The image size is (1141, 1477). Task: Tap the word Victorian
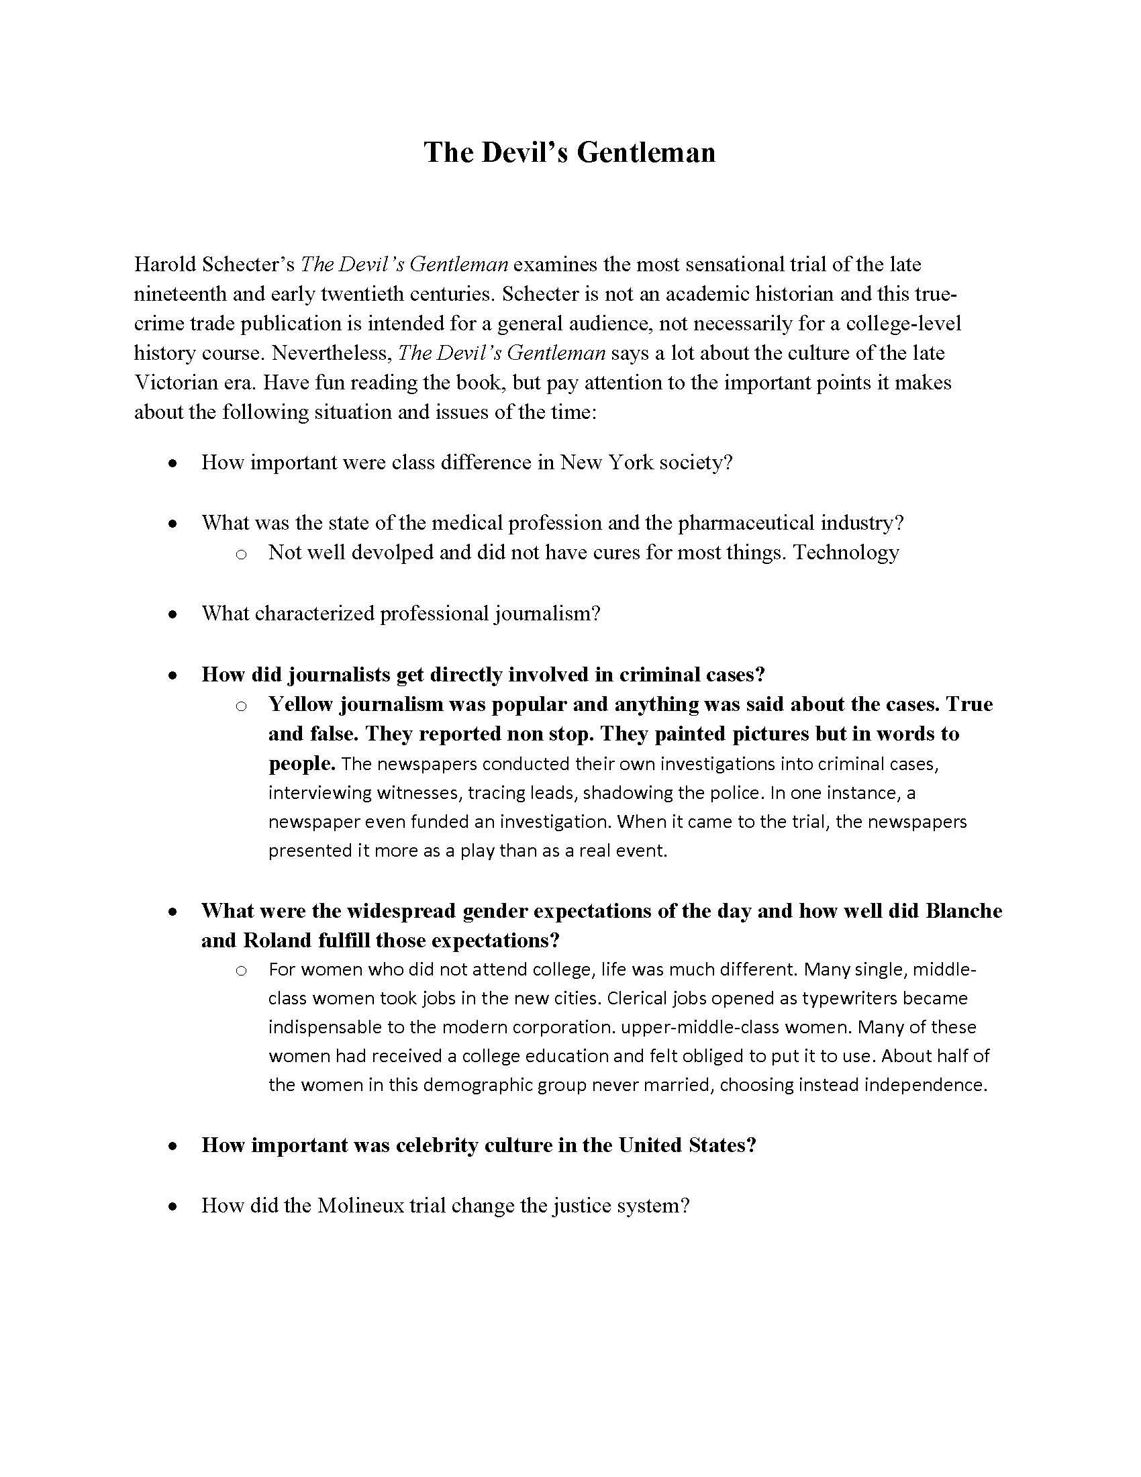(178, 383)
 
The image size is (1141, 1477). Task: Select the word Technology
(846, 553)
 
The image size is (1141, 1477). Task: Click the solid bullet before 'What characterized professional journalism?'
(174, 614)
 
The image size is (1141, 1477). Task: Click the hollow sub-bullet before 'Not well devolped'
(241, 554)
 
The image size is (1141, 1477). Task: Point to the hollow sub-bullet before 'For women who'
(241, 971)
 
